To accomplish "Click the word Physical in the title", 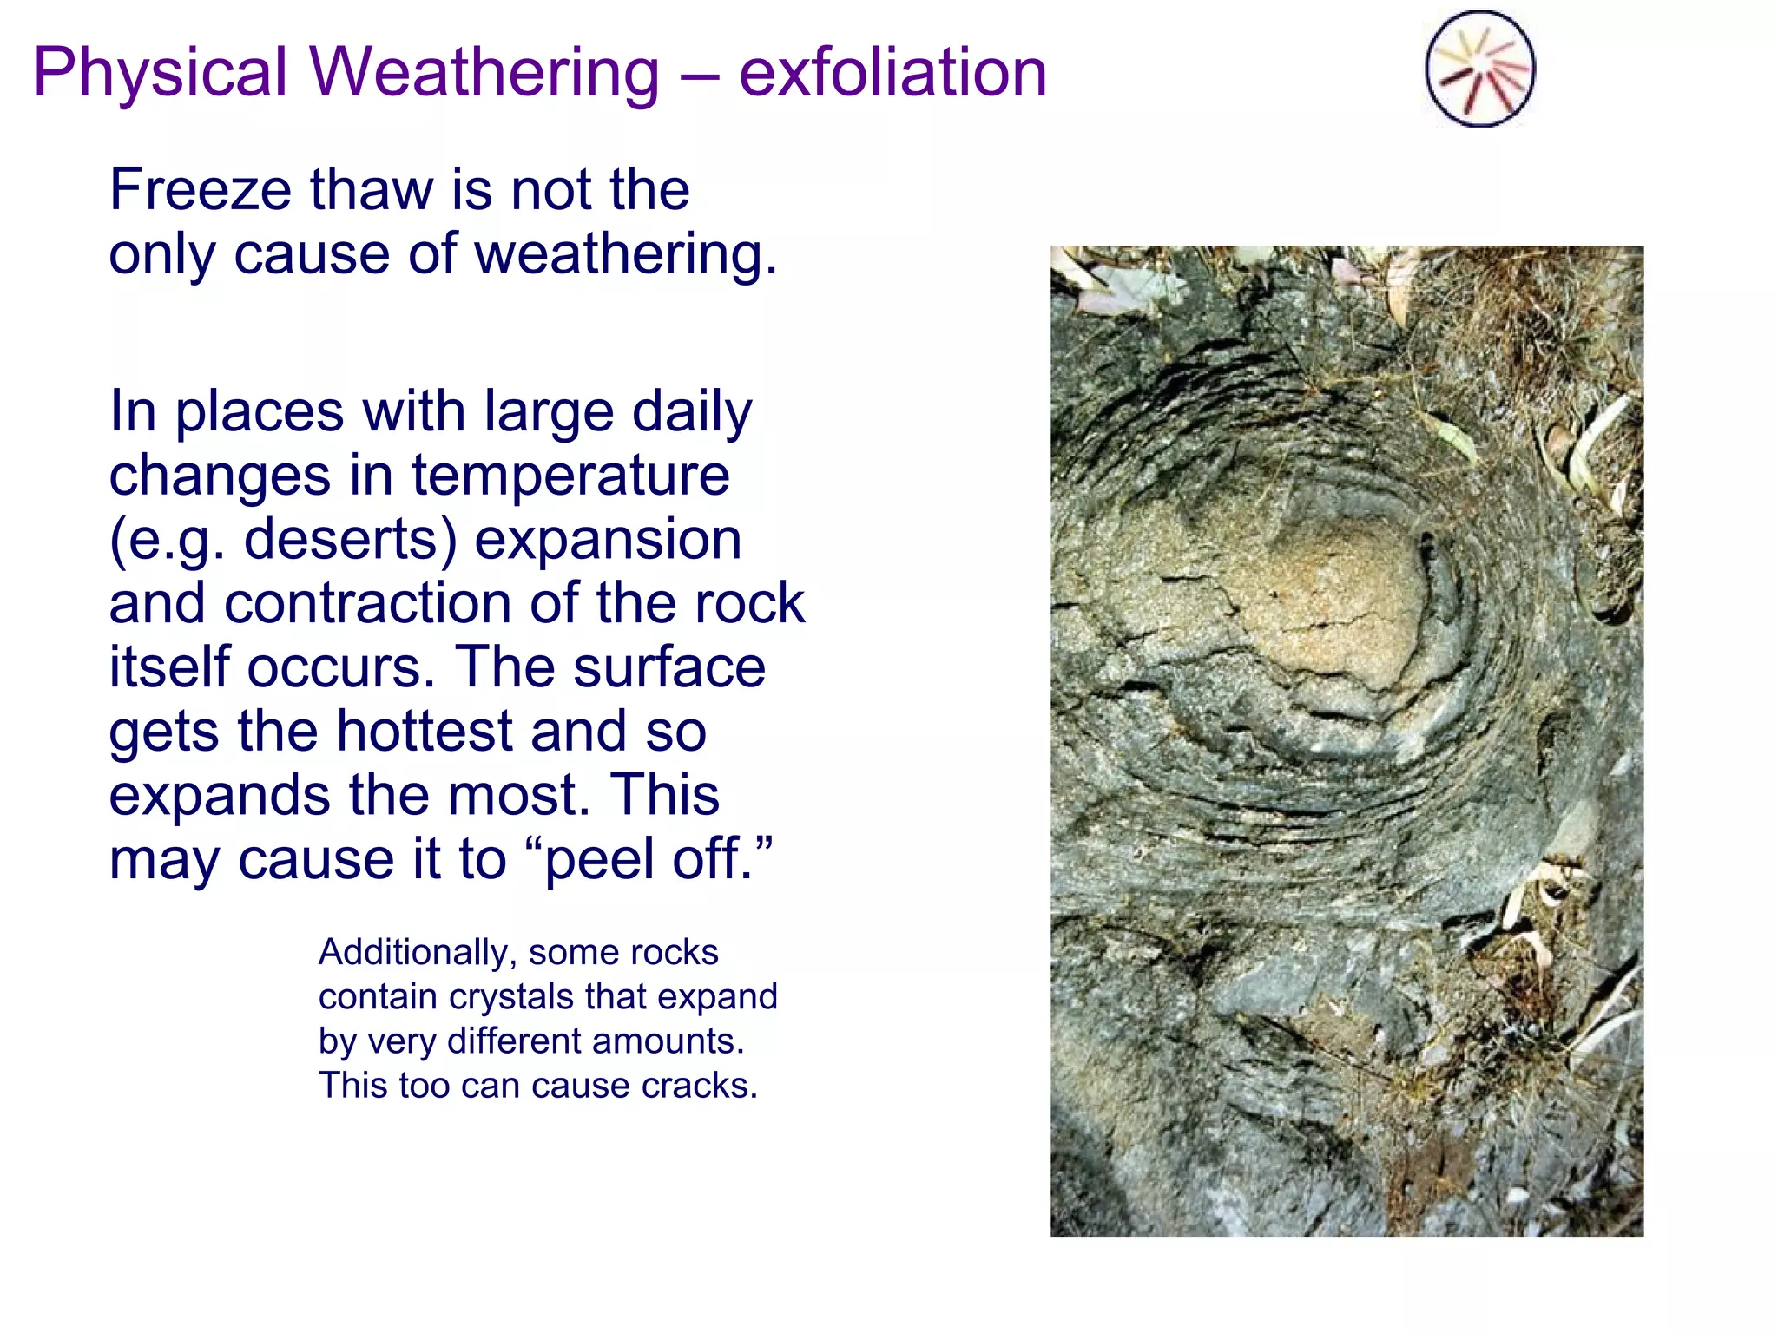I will [161, 73].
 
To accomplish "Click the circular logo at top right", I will [1479, 69].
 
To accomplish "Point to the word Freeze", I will [200, 190].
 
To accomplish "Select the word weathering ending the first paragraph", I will [625, 255].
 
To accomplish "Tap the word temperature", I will [570, 476].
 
